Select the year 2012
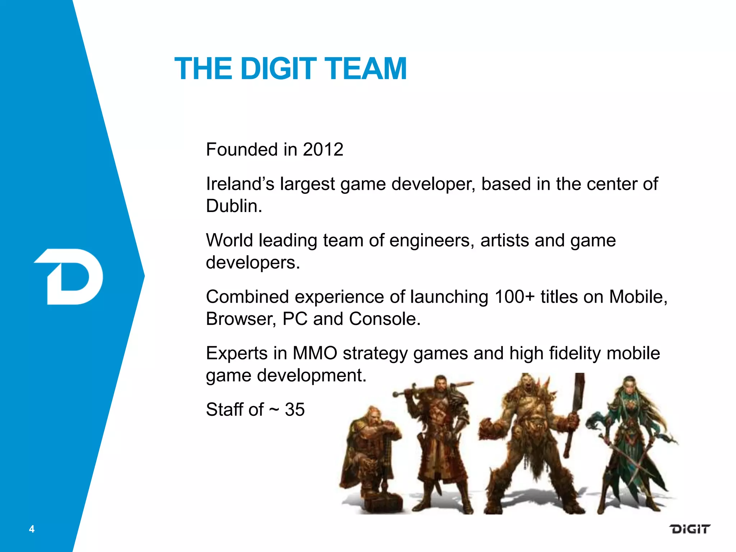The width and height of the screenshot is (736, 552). tap(323, 149)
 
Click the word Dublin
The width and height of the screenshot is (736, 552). tap(234, 206)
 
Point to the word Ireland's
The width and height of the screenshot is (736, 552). tap(240, 184)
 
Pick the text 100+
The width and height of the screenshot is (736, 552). tap(515, 297)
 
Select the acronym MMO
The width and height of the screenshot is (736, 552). tap(315, 353)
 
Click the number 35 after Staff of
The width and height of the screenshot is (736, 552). tap(295, 409)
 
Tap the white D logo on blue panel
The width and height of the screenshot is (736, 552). tap(70, 277)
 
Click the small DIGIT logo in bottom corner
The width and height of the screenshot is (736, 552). tap(689, 529)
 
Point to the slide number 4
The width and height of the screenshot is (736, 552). tap(32, 529)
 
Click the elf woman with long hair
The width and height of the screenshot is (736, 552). tap(632, 442)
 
